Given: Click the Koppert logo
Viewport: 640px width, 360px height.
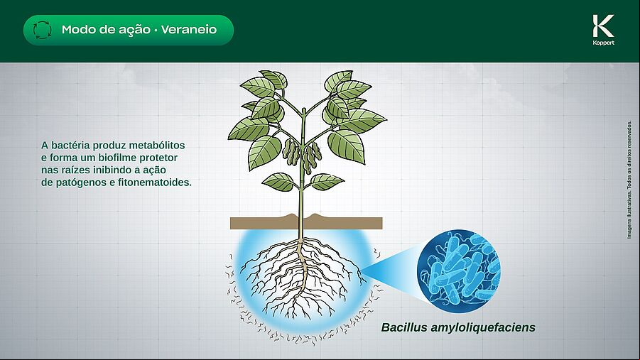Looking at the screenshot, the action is pyautogui.click(x=603, y=30).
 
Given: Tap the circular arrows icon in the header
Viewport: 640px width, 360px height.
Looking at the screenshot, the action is pyautogui.click(x=43, y=30).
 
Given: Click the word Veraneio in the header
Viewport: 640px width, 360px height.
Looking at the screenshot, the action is pyautogui.click(x=188, y=30).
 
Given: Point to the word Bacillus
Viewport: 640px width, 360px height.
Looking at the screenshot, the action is pyautogui.click(x=404, y=327).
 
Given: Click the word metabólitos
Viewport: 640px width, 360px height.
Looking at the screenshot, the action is pyautogui.click(x=157, y=146).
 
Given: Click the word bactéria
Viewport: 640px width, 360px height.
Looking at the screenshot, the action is pyautogui.click(x=70, y=146).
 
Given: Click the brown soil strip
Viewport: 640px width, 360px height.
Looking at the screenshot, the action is pyautogui.click(x=306, y=222).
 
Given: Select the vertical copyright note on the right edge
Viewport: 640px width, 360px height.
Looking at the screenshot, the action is pyautogui.click(x=629, y=180).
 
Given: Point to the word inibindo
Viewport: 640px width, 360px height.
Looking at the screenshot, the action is pyautogui.click(x=105, y=170).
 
